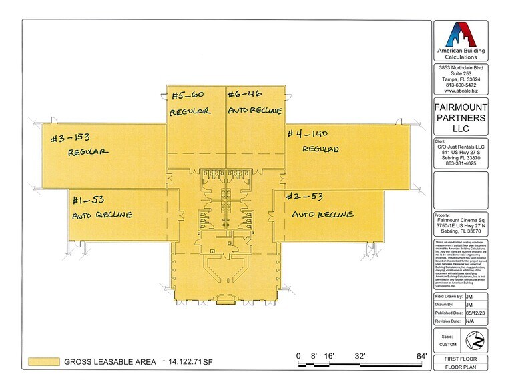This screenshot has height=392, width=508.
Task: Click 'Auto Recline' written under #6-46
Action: coord(255,110)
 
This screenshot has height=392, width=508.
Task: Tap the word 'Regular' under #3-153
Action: coord(87,152)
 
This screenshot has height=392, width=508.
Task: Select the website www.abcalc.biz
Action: coord(461,91)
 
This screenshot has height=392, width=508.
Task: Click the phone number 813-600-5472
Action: coord(461,85)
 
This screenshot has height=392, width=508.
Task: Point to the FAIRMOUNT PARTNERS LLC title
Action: coord(461,117)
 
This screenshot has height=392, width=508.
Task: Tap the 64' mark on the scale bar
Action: coord(422,355)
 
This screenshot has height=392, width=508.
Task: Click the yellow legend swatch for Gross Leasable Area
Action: coord(43,363)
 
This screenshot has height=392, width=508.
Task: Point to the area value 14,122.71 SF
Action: coord(200,363)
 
